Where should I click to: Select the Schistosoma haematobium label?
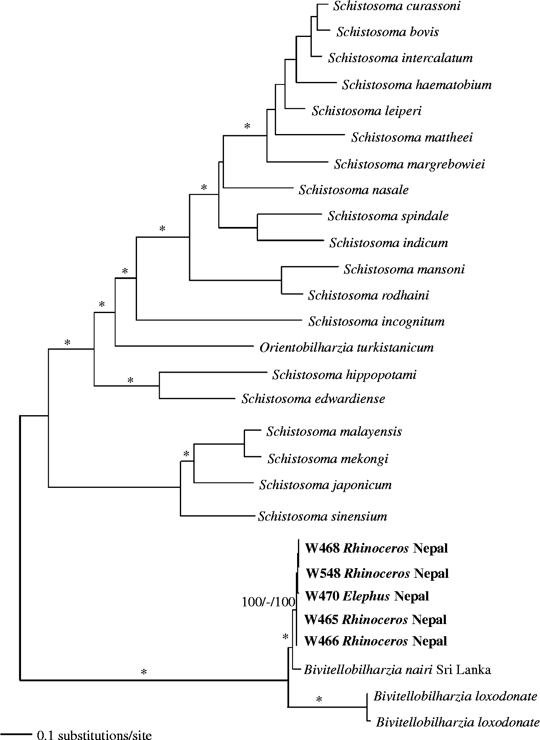416,85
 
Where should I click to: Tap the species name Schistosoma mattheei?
412,137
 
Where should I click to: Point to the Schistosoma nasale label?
353,190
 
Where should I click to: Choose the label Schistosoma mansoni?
404,269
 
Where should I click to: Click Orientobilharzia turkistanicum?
346,348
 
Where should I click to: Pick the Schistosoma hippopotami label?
344,374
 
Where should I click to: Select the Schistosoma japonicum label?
325,485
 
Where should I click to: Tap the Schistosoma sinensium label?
322,516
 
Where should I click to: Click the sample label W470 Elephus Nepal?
367,596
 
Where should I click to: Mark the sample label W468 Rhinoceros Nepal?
376,548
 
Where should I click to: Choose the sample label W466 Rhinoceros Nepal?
375,641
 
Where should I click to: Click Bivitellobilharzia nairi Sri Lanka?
397,669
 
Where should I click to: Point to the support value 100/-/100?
268,602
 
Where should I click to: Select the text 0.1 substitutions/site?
94,735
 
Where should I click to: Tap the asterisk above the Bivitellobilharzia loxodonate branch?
319,700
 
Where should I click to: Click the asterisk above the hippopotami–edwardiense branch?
130,380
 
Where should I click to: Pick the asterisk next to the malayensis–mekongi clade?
187,454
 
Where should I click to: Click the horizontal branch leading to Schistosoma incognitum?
219,321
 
